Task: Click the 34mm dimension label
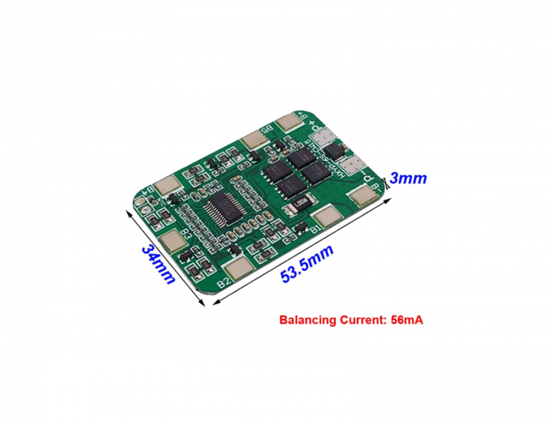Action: pyautogui.click(x=158, y=264)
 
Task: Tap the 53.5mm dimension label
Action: pyautogui.click(x=307, y=263)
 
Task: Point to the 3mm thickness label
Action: pyautogui.click(x=408, y=178)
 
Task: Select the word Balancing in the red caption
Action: pyautogui.click(x=308, y=321)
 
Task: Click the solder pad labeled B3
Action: pyautogui.click(x=170, y=242)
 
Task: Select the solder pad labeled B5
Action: pyautogui.click(x=254, y=139)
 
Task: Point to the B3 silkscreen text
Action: pyautogui.click(x=187, y=234)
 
